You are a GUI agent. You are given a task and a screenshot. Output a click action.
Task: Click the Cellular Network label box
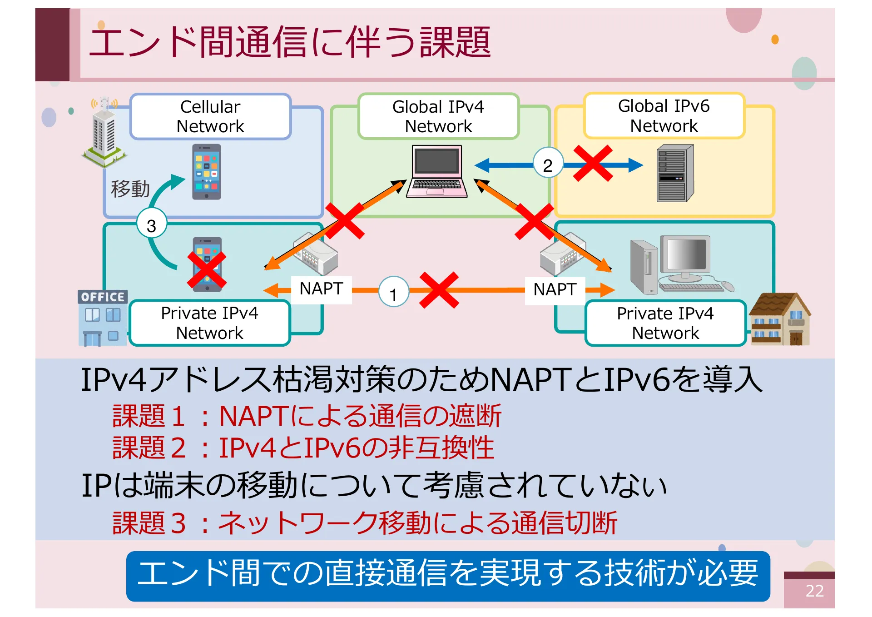tap(210, 116)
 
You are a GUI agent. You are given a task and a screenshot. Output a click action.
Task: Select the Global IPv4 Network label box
tap(438, 116)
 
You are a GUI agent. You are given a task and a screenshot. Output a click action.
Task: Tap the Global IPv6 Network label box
tap(664, 116)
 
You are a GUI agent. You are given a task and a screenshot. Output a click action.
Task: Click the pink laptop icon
tap(436, 171)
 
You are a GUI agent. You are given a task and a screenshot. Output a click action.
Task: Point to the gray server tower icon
tap(675, 174)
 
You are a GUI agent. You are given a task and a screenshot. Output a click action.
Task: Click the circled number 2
tap(548, 164)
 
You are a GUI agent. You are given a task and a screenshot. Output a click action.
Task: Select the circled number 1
tap(393, 293)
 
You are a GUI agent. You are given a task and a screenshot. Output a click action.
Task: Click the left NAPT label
tap(321, 289)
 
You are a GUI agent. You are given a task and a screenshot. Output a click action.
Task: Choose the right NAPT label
tap(555, 290)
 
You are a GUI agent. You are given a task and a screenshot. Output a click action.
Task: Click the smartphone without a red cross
tap(207, 172)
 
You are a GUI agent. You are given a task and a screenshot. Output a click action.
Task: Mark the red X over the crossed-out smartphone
tap(207, 271)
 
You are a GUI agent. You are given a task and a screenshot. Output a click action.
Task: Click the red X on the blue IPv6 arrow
tap(593, 164)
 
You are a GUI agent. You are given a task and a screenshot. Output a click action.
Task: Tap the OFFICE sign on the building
tap(103, 297)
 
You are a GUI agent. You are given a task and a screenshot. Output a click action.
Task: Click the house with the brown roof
tap(779, 319)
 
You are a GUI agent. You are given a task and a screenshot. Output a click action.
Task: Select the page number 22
tap(814, 591)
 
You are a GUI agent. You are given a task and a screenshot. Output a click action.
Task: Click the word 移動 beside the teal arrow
tap(130, 189)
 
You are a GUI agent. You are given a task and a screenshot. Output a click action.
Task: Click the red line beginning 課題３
tap(364, 522)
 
